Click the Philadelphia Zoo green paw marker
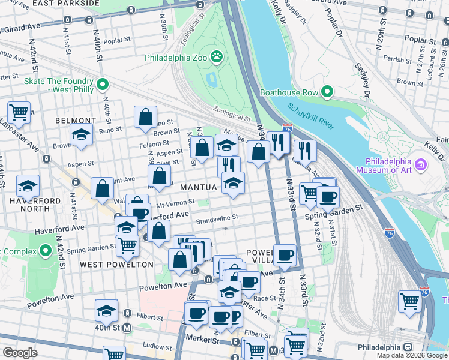point(217,58)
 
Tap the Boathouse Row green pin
point(327,92)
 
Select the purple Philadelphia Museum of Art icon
point(420,164)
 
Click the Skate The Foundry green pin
point(103,85)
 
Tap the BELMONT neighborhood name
point(76,121)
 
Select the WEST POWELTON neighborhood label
point(108,265)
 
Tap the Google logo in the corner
point(20,353)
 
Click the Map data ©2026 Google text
point(412,355)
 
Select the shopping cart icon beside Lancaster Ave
point(19,112)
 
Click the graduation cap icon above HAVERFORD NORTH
point(28,185)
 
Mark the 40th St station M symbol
point(127,328)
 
